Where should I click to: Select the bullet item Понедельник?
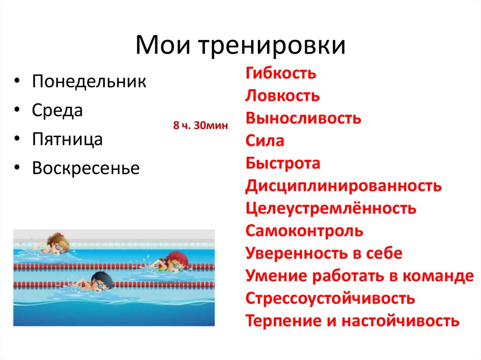89,82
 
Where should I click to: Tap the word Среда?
57,111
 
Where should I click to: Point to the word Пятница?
67,139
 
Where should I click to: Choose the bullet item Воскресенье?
86,168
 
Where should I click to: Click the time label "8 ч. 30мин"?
200,125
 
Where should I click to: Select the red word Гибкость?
280,74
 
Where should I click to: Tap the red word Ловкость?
282,96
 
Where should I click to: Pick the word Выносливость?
303,118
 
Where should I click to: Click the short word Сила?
264,141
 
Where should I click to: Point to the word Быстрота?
283,163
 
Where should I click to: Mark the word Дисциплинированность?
343,186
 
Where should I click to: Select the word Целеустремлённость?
331,208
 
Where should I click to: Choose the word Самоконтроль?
304,231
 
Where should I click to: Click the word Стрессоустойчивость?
330,298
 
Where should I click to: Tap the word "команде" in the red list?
438,276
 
